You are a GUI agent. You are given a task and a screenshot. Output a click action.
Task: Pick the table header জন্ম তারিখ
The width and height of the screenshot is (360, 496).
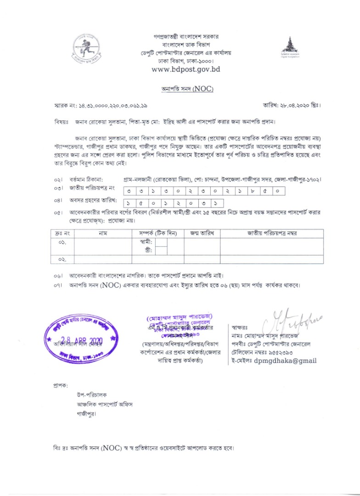click(x=201, y=233)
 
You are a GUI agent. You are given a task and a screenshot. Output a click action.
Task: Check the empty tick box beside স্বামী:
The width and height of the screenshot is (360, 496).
click(x=161, y=242)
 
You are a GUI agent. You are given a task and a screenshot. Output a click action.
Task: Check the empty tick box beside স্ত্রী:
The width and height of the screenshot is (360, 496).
click(x=161, y=250)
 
